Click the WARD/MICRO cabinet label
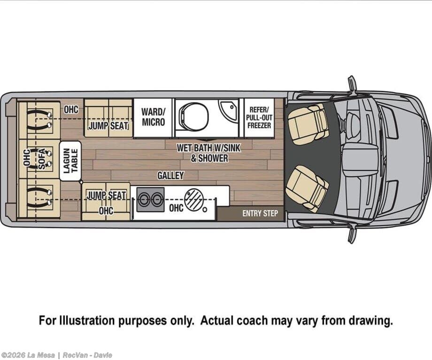click(x=153, y=117)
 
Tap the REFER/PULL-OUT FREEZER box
click(x=259, y=117)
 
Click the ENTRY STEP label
click(x=260, y=214)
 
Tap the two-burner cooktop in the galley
click(x=150, y=199)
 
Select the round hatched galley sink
click(x=193, y=199)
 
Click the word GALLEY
click(x=170, y=176)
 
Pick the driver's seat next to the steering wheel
click(x=308, y=123)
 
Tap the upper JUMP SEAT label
click(x=108, y=125)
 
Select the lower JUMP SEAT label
click(x=106, y=195)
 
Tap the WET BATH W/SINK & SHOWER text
click(x=209, y=153)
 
